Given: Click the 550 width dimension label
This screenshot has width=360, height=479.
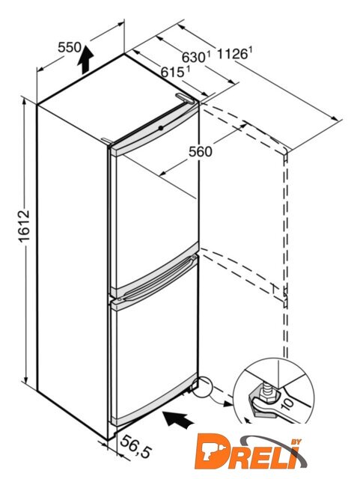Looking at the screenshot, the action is (x=70, y=47).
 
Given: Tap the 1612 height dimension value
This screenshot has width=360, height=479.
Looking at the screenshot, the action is (x=25, y=226).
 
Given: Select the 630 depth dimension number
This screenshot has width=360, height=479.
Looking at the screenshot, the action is (x=193, y=58).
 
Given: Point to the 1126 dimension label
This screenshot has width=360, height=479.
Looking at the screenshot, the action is (x=232, y=54).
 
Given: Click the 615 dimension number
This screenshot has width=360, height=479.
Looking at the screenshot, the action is (x=172, y=72).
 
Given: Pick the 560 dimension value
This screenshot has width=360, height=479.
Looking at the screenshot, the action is (x=200, y=152).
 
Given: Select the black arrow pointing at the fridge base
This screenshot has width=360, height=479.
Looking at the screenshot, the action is (x=179, y=419).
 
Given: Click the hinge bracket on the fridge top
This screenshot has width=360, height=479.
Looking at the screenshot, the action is (x=185, y=98).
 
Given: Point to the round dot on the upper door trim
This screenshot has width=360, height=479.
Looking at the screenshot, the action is (x=161, y=128).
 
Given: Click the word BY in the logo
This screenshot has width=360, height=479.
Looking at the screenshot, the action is (x=296, y=442).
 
